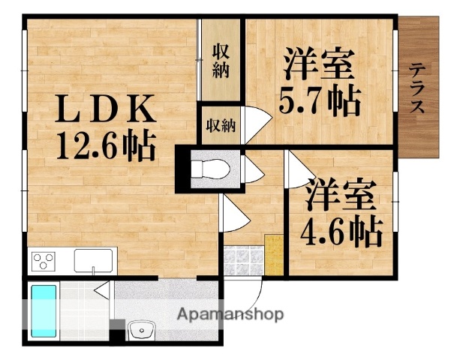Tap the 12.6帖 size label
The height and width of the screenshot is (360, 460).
coord(105,145)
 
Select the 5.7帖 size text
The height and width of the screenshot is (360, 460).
coord(319,98)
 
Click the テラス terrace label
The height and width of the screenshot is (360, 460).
coord(417,89)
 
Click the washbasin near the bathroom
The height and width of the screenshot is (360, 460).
coord(140,331)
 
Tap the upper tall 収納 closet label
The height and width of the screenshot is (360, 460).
coord(221,61)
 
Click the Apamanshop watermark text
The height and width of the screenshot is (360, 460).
coord(230,314)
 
